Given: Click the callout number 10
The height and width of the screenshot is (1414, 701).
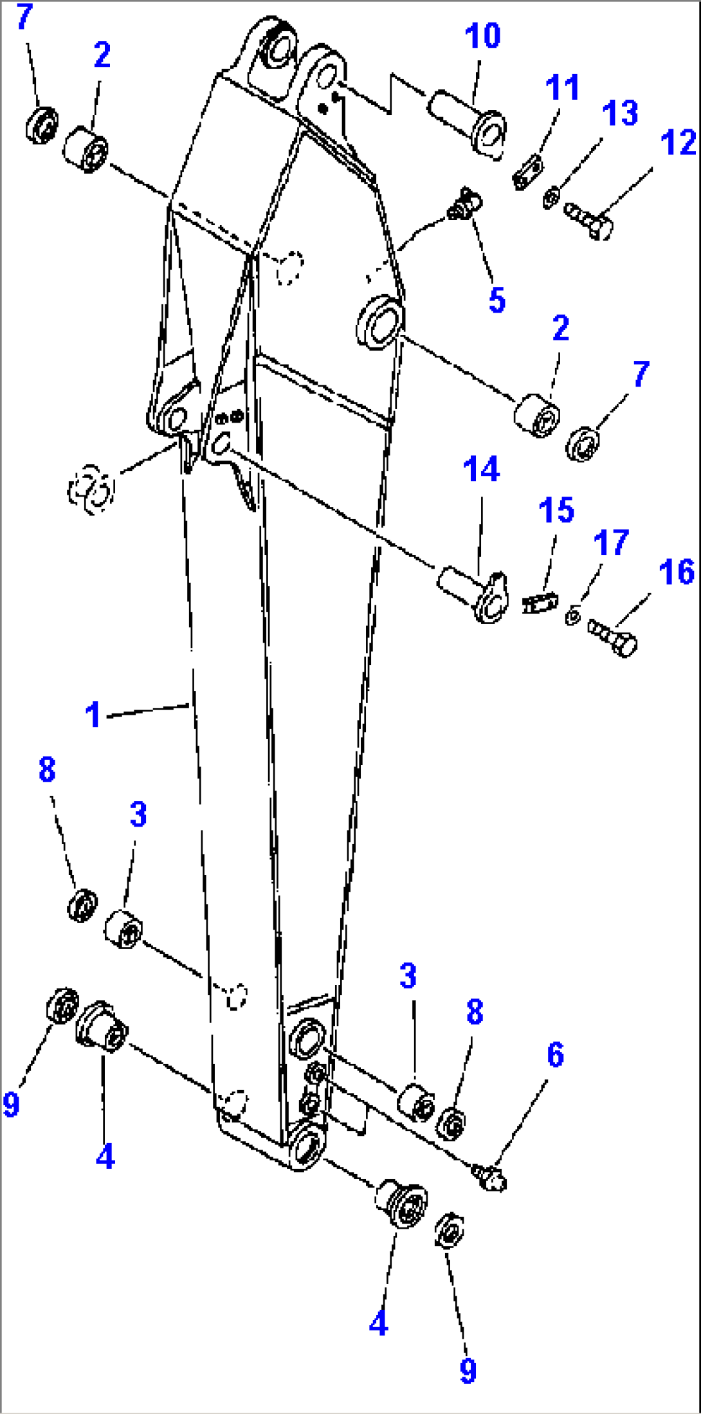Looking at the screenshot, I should [482, 36].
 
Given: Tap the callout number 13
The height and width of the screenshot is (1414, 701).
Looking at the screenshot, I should [620, 113].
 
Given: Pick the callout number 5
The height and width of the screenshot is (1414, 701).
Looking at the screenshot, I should [497, 300].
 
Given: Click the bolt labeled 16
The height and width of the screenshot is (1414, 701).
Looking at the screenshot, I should [613, 637].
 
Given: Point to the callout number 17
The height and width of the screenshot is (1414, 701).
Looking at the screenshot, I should [610, 543].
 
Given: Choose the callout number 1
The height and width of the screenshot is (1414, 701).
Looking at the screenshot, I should [93, 714].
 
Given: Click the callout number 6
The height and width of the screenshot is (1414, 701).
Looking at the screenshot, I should [556, 1055].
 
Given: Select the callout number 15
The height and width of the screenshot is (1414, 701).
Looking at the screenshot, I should [556, 510].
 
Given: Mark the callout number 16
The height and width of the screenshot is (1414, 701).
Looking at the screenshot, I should [677, 572].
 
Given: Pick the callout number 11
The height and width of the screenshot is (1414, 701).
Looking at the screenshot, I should [562, 87].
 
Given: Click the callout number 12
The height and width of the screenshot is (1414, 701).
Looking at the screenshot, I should [678, 142].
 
